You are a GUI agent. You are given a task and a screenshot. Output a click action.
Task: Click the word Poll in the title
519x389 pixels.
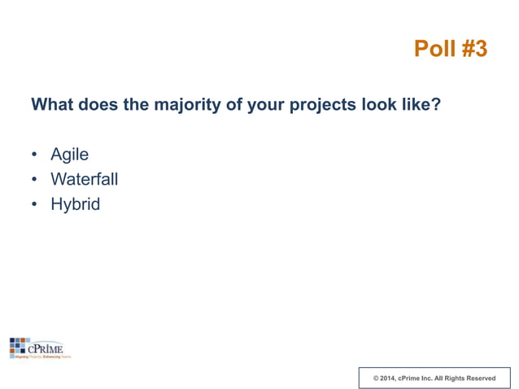(434, 49)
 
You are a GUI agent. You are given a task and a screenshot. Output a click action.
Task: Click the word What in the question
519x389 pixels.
(52, 105)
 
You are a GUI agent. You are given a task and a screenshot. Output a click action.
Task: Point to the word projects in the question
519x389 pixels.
(323, 106)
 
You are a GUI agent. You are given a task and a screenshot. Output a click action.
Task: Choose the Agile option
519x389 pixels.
(69, 155)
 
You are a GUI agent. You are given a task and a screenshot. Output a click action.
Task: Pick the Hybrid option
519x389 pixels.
(75, 204)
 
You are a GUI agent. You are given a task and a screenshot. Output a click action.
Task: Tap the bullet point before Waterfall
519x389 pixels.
(34, 180)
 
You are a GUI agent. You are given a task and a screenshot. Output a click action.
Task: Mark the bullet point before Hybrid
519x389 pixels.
(34, 204)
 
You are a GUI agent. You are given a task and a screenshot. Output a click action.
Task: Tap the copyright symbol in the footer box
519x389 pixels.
(375, 378)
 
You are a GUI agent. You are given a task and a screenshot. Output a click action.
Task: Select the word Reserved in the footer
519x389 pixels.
(480, 378)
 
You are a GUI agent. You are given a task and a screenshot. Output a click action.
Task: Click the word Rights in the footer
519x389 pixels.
(451, 378)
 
